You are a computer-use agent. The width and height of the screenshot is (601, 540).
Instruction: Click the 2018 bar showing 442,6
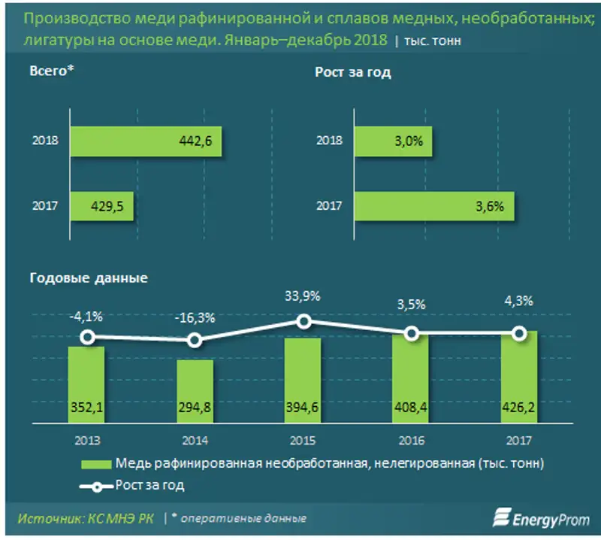pyautogui.click(x=146, y=141)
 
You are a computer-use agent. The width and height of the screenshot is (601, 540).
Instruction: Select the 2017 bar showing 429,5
pyautogui.click(x=101, y=205)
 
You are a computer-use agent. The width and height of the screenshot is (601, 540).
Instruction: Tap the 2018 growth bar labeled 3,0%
pyautogui.click(x=393, y=141)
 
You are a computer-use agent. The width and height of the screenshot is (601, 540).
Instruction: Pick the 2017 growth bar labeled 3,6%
pyautogui.click(x=434, y=205)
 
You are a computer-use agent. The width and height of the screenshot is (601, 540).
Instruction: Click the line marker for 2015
pyautogui.click(x=304, y=321)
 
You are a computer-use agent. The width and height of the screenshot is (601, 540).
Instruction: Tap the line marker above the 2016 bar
pyautogui.click(x=411, y=333)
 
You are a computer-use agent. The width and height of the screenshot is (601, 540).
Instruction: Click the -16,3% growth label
pyautogui.click(x=195, y=317)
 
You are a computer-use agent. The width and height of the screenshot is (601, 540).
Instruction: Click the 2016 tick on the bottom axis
pyautogui.click(x=411, y=440)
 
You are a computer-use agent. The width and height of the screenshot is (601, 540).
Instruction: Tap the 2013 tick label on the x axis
pyautogui.click(x=87, y=440)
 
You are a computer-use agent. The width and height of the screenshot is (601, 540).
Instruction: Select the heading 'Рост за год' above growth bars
pyautogui.click(x=352, y=74)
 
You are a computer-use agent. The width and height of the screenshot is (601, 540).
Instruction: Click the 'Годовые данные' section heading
pyautogui.click(x=89, y=278)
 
